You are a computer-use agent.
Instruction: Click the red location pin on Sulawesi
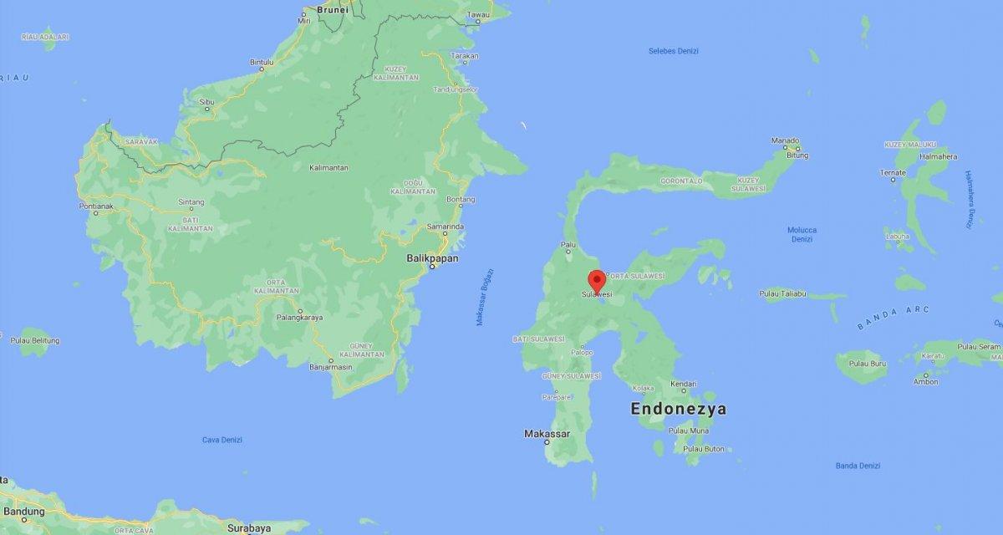tap(597, 280)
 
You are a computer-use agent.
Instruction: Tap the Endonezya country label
tap(678, 410)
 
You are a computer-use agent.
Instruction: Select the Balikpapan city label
tap(432, 259)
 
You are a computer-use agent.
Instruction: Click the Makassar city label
tap(547, 434)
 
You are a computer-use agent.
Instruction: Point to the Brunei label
tap(331, 9)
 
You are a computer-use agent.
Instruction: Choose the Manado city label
tap(786, 140)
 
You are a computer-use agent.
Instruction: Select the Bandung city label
tap(23, 512)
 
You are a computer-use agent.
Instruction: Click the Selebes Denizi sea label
tap(674, 51)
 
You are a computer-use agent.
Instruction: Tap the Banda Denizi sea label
tap(858, 465)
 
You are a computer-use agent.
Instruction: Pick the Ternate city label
tap(892, 172)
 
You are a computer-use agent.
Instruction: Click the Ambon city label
tap(925, 382)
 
